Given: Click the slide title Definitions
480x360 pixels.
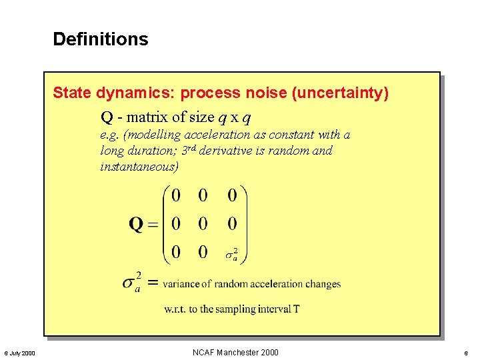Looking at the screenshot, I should point(101,39).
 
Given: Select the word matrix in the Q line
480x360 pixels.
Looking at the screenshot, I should point(147,117).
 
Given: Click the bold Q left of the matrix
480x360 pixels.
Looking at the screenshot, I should point(136,224).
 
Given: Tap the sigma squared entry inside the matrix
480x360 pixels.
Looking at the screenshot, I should point(231,253).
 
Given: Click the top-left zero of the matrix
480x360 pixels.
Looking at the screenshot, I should point(176,195).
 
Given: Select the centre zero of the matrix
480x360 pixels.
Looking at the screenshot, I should point(203,224).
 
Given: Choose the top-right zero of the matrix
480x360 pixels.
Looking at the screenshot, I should point(231,195).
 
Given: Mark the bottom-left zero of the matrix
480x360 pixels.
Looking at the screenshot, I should point(176,252).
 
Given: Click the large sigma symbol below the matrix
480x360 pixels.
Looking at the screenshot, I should point(131,283).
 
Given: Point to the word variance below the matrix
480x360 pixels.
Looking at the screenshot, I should point(181,284).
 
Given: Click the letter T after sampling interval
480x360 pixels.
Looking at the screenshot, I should point(296,309).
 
